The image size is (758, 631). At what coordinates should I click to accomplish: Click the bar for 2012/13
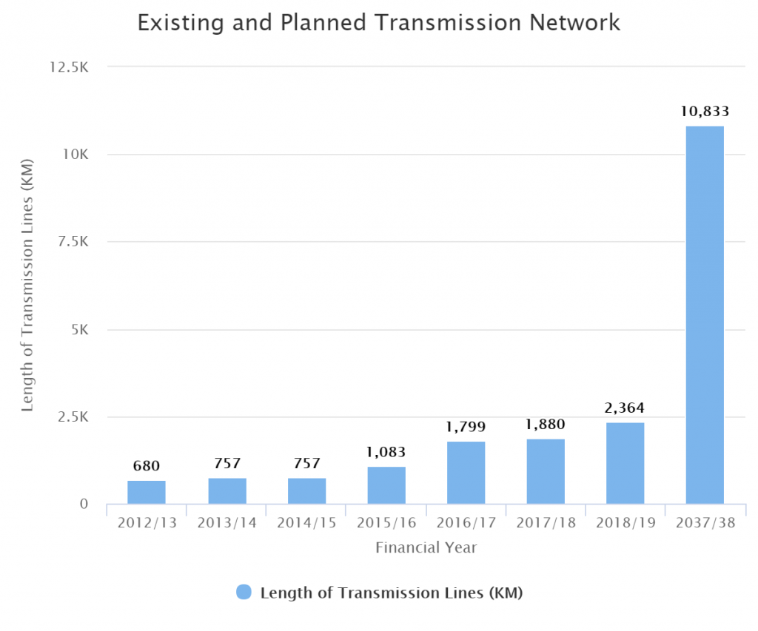pyautogui.click(x=147, y=492)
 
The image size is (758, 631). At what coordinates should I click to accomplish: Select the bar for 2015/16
pyautogui.click(x=386, y=485)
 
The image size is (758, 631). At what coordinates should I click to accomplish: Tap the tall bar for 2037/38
pyautogui.click(x=705, y=315)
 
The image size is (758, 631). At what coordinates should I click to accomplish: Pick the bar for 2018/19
pyautogui.click(x=625, y=463)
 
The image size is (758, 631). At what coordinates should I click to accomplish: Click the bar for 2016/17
pyautogui.click(x=466, y=473)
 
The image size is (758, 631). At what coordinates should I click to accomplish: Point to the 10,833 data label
pyautogui.click(x=705, y=112)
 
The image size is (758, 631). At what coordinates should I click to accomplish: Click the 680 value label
pyautogui.click(x=147, y=466)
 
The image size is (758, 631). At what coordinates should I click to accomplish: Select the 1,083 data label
pyautogui.click(x=386, y=452)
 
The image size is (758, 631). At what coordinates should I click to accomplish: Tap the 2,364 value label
pyautogui.click(x=625, y=408)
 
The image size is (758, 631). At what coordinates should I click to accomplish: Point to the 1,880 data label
pyautogui.click(x=546, y=425)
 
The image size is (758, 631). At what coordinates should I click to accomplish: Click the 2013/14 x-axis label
pyautogui.click(x=227, y=522)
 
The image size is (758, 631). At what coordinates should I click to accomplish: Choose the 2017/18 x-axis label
pyautogui.click(x=546, y=522)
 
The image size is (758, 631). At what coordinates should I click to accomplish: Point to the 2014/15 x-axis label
pyautogui.click(x=306, y=522)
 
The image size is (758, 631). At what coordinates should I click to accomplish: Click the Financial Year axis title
pyautogui.click(x=426, y=548)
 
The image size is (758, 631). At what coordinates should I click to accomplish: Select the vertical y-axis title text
pyautogui.click(x=27, y=285)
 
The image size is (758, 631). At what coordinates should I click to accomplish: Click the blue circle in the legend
pyautogui.click(x=244, y=592)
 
